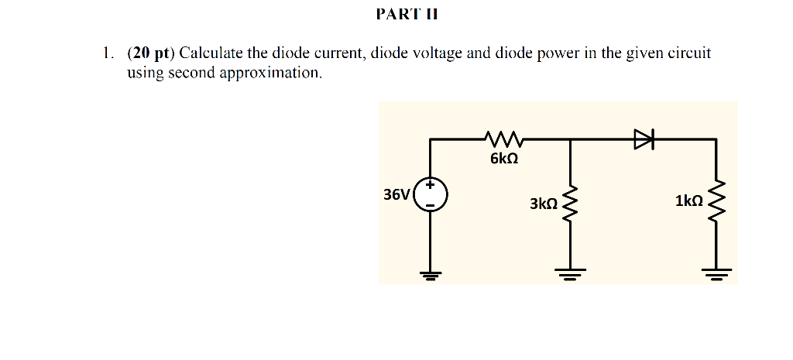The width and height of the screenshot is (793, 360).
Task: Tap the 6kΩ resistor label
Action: click(503, 159)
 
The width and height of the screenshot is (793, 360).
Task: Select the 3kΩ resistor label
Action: click(543, 204)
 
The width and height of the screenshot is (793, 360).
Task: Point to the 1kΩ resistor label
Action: click(688, 201)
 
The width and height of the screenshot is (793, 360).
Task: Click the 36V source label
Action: click(396, 194)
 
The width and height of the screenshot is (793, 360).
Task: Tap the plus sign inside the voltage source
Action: click(430, 186)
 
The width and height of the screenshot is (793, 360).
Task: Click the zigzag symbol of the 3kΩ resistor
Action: click(571, 203)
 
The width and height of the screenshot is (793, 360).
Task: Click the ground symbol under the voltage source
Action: click(430, 273)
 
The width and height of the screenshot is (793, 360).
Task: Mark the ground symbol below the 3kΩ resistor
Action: click(571, 273)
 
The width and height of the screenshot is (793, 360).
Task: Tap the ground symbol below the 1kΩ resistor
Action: click(716, 273)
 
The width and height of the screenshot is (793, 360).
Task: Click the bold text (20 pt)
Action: click(152, 53)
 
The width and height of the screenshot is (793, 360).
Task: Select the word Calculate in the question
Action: click(210, 53)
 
